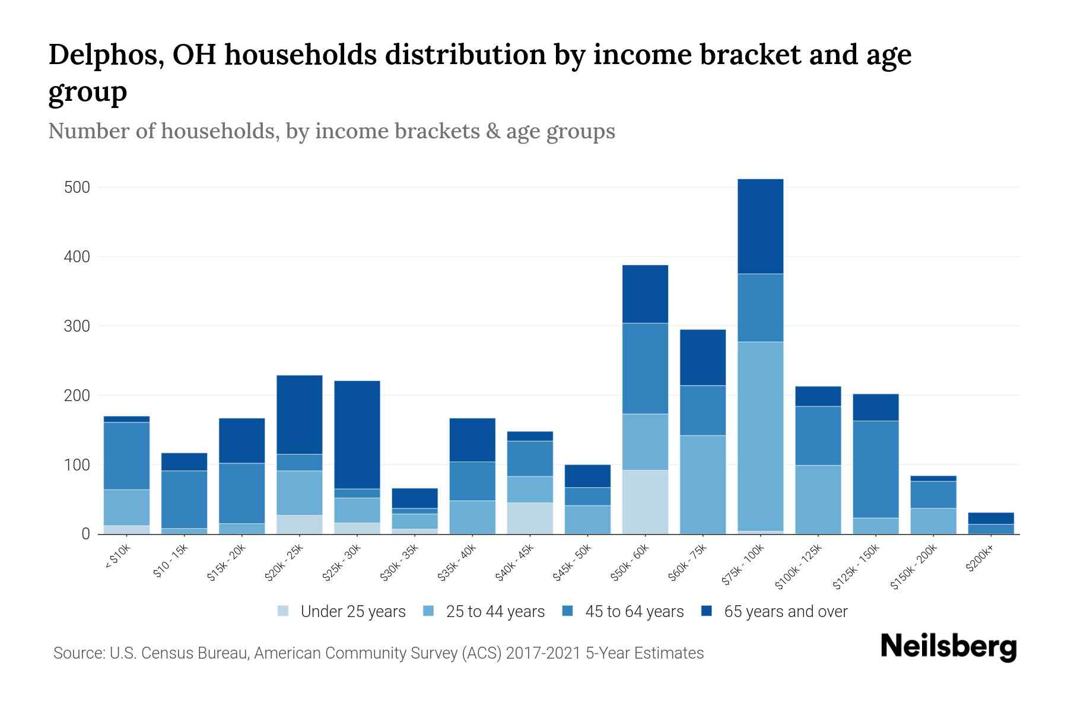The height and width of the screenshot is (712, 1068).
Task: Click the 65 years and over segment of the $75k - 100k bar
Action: point(760,226)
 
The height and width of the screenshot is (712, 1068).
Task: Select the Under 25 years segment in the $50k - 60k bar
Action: point(645,502)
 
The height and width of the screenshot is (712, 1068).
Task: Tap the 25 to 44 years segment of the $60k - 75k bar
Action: point(703,485)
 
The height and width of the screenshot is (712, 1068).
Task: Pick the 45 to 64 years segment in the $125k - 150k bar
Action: point(875,469)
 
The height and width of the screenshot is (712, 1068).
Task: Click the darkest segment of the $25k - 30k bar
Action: point(357,434)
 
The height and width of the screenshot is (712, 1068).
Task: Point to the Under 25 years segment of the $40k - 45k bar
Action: point(530,518)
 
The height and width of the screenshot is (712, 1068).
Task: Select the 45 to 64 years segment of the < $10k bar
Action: point(126,456)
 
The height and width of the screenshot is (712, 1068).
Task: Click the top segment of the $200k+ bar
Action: point(990,518)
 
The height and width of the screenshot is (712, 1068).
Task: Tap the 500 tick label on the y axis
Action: point(77,187)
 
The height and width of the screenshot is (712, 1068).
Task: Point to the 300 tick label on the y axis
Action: point(77,326)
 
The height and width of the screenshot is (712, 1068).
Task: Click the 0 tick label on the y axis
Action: point(85,534)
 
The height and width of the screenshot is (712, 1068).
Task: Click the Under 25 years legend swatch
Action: point(283,611)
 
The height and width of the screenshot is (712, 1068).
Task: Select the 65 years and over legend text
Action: point(786,611)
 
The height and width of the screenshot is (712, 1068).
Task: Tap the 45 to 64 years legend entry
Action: point(623,611)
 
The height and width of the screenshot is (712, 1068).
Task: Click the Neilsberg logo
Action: point(948,647)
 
